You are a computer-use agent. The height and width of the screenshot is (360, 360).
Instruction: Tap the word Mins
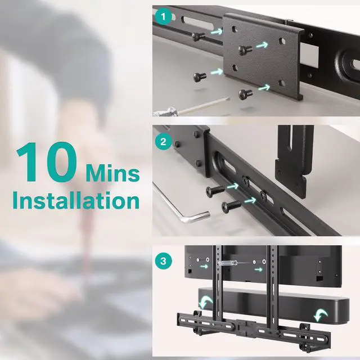[112, 173]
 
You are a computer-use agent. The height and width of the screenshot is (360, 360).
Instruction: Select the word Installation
[76, 201]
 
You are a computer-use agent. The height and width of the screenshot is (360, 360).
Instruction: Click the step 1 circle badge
[163, 17]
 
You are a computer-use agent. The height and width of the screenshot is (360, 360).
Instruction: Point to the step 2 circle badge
[163, 142]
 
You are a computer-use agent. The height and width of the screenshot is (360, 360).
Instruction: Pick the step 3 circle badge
[163, 261]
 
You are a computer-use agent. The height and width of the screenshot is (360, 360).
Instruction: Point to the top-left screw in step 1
[198, 36]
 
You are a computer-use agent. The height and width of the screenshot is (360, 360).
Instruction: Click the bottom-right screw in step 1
[245, 94]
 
